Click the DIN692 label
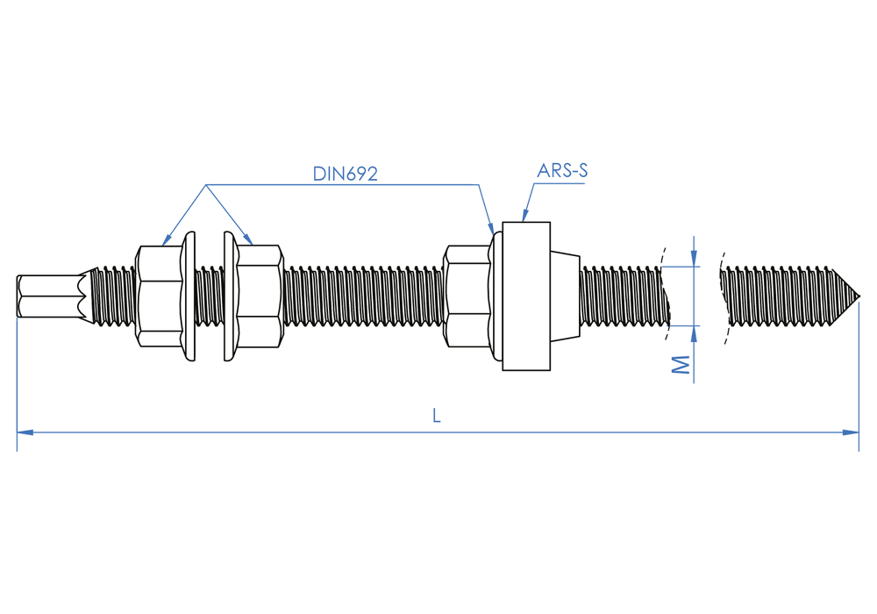coord(345,174)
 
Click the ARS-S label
coord(563,171)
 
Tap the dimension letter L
coord(437,417)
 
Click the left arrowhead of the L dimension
coord(25,432)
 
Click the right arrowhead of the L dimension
coord(851,432)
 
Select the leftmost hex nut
coord(160,296)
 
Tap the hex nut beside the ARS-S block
coord(467,296)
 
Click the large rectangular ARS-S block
coord(526,296)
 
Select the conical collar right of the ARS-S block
coord(565,296)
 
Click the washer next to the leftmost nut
coord(189,296)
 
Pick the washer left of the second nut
coord(230,296)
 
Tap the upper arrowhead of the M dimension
coord(694,258)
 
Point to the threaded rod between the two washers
coord(210,296)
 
